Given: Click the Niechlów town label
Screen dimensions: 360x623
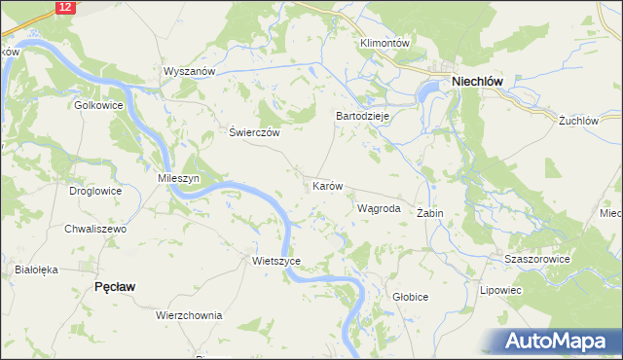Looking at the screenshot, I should pyautogui.click(x=477, y=83).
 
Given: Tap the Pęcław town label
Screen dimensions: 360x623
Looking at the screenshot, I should pyautogui.click(x=114, y=286).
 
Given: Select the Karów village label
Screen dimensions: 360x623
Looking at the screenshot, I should pyautogui.click(x=328, y=185).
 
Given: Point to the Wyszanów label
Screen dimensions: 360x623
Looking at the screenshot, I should pyautogui.click(x=189, y=72).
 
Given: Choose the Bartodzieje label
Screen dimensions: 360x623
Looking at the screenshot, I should pyautogui.click(x=362, y=115).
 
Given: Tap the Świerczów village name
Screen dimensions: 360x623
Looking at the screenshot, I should pyautogui.click(x=254, y=133).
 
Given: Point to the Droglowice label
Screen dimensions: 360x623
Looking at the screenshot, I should pyautogui.click(x=95, y=191).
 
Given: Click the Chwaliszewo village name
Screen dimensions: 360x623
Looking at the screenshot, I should pyautogui.click(x=95, y=229).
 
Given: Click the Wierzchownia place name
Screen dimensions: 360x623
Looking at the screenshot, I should pyautogui.click(x=189, y=315).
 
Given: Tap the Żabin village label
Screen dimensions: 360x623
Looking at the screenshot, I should pyautogui.click(x=429, y=212).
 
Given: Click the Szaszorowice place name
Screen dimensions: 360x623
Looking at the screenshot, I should pyautogui.click(x=536, y=260).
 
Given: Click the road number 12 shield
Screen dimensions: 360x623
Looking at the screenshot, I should pyautogui.click(x=64, y=7).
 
